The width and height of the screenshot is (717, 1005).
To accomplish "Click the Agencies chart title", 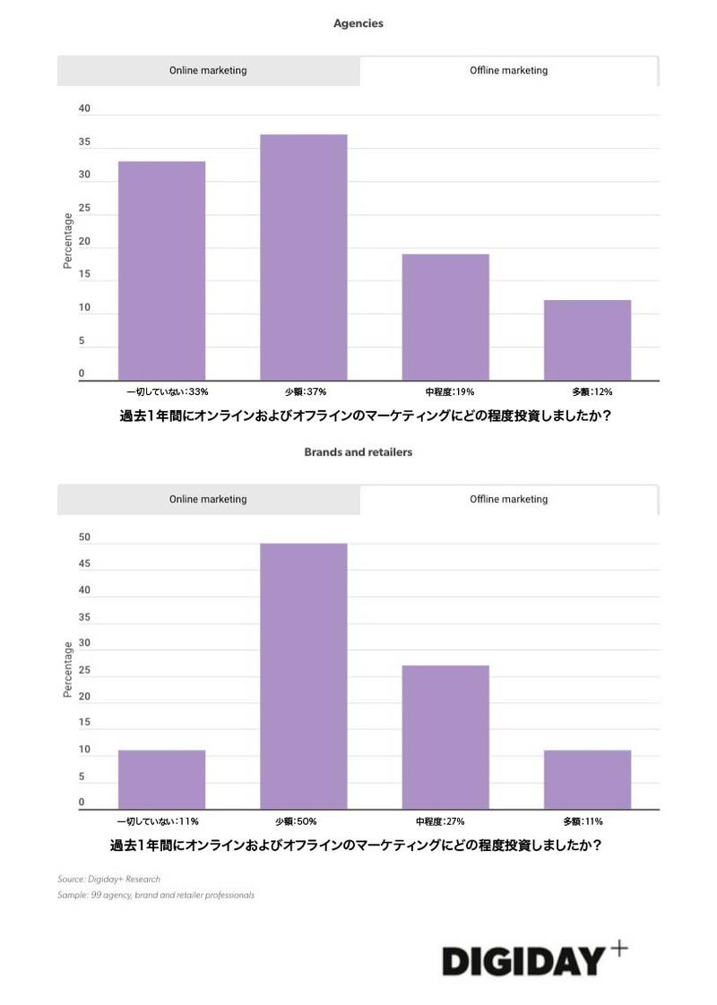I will [358, 24].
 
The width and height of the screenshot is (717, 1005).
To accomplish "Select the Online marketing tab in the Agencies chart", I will [208, 71].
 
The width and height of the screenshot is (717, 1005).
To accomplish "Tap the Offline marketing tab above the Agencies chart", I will [508, 71].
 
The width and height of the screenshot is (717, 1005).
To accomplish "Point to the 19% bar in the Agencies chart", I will [445, 317].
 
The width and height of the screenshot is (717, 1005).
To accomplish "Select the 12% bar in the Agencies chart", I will [587, 340].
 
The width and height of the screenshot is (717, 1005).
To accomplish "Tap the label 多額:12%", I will [592, 392].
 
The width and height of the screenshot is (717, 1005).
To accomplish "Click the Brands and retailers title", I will [358, 452].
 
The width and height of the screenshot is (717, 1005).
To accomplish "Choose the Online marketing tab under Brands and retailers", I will [208, 500].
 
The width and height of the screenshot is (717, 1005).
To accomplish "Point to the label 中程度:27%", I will [445, 821].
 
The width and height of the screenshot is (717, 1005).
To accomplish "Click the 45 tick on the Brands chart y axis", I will [84, 563].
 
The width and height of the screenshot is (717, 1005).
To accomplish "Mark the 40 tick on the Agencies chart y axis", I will [84, 108].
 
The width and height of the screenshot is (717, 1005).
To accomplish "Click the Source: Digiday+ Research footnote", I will [109, 880].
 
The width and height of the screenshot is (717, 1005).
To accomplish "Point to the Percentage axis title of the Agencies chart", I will [67, 241].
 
